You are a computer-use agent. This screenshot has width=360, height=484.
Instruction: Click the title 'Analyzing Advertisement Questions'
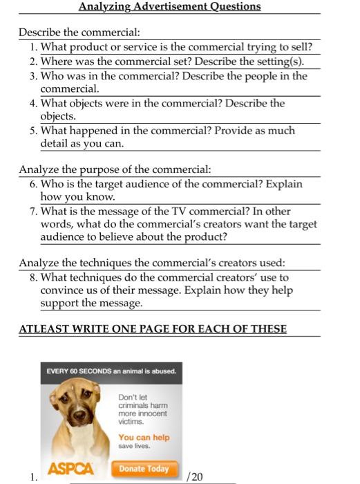point(169,7)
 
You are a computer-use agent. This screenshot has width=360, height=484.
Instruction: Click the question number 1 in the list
point(34,47)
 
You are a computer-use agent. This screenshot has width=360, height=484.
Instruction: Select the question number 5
point(34,131)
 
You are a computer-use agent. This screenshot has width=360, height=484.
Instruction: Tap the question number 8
point(34,277)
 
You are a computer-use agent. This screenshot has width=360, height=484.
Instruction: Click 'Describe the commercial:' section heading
point(79,33)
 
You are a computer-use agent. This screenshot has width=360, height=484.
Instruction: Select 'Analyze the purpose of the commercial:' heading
point(115,170)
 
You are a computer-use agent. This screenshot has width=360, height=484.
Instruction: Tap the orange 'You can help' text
point(144,438)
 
